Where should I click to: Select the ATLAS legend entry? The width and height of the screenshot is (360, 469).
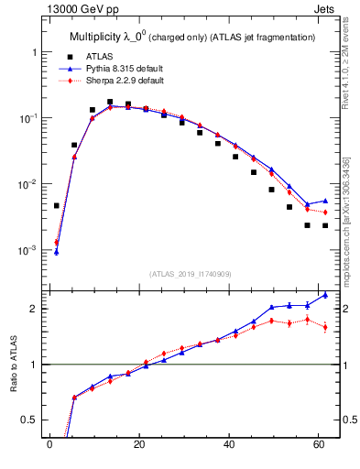pos(97,57)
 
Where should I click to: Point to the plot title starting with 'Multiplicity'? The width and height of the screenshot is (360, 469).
pos(192,37)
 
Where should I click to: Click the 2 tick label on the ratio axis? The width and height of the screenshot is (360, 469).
pos(34,309)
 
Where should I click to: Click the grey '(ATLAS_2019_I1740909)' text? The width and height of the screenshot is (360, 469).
pos(191,273)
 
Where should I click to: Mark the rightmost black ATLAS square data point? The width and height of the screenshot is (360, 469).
pos(325,225)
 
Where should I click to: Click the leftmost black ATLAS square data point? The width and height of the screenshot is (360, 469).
pos(56,206)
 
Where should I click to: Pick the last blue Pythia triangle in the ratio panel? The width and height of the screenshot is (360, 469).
pos(325,295)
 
